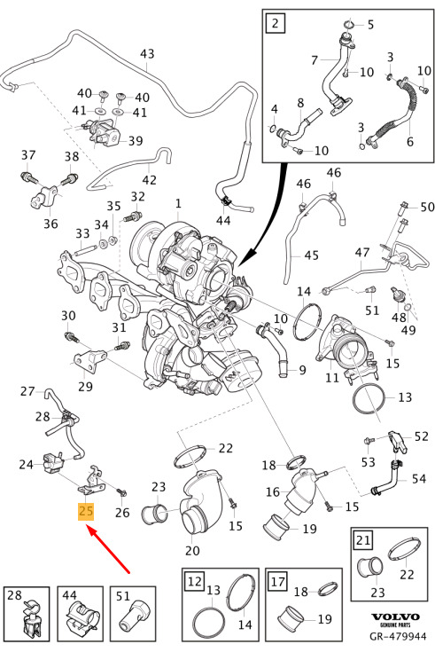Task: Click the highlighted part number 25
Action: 86,511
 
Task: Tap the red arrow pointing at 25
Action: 108,549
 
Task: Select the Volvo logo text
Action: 395,617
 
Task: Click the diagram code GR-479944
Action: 398,636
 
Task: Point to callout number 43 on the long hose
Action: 147,53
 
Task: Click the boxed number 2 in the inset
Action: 275,22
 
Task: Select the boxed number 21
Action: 363,539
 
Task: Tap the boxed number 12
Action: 195,580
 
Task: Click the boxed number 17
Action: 278,580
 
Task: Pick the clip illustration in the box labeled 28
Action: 31,619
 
